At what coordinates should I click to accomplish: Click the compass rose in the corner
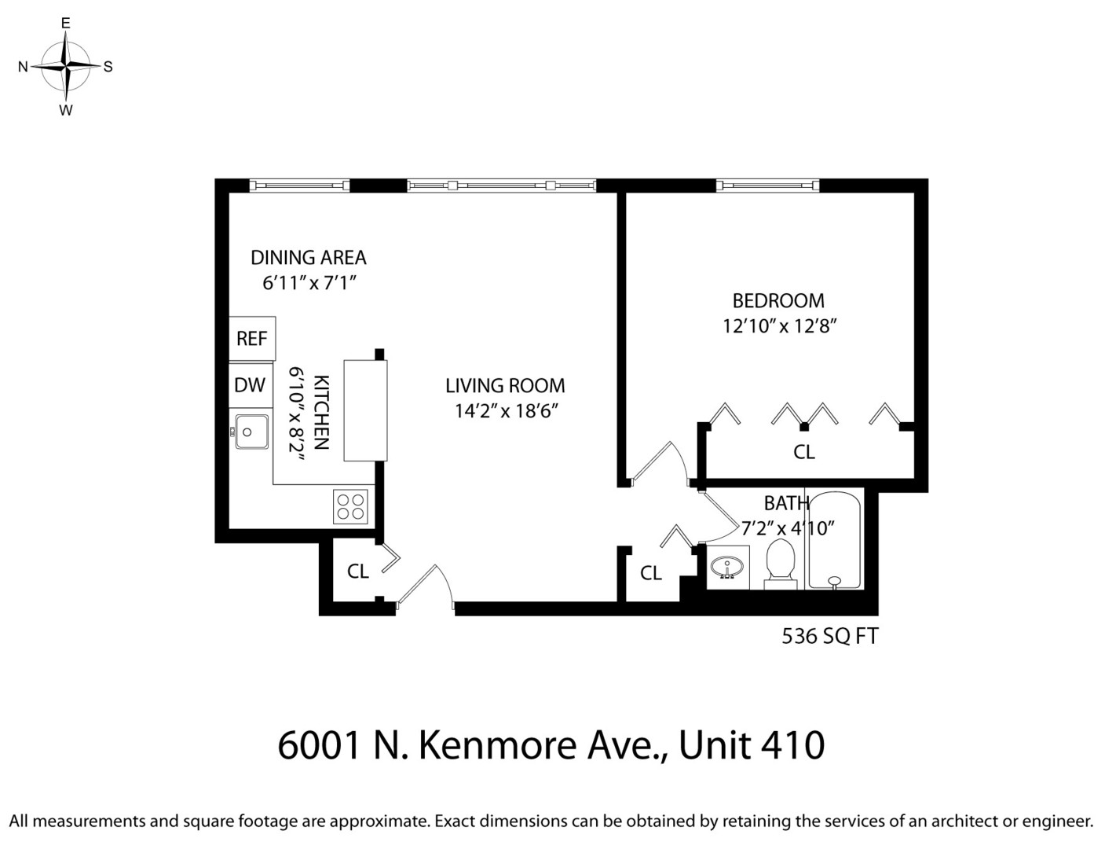click(66, 67)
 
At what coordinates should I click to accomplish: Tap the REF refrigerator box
click(252, 338)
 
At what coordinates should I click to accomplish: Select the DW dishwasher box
click(250, 385)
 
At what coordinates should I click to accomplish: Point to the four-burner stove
click(350, 506)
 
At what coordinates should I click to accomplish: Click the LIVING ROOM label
click(505, 386)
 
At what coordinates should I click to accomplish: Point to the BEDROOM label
click(778, 300)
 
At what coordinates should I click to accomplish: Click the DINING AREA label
click(308, 257)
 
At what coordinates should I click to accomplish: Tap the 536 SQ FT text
click(829, 636)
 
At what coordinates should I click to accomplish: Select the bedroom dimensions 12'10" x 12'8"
click(779, 325)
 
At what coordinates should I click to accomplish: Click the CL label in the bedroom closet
click(803, 452)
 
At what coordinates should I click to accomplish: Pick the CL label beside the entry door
click(358, 572)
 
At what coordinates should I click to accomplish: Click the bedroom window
click(767, 186)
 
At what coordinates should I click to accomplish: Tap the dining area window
click(299, 186)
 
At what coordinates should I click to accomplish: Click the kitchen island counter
click(365, 410)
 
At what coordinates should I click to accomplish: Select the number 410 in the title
click(792, 744)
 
